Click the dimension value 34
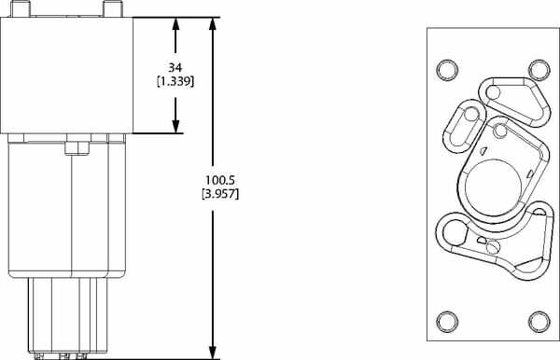tap(175, 67)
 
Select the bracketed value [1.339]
tap(175, 81)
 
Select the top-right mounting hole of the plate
tap(538, 69)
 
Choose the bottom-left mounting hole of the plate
tap(446, 320)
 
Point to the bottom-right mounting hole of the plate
tap(538, 320)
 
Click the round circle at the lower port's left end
tap(454, 230)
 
